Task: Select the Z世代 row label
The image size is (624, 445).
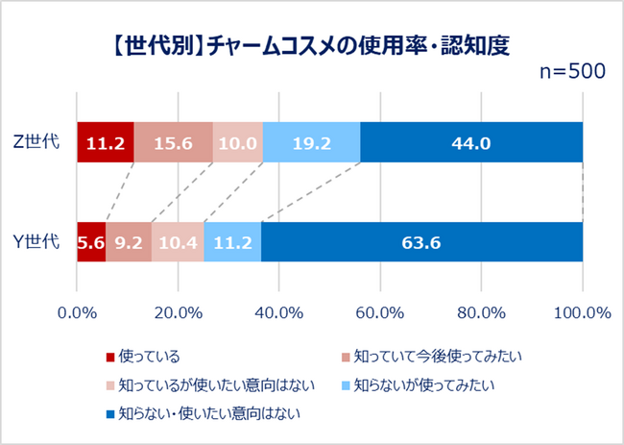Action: tap(41, 142)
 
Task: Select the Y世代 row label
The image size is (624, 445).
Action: tap(41, 241)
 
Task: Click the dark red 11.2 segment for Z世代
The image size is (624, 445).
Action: tap(105, 142)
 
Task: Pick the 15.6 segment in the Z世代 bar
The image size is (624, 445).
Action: tap(173, 142)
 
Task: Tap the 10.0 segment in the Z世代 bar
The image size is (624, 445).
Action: tap(237, 142)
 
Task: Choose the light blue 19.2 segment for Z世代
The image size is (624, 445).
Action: tap(311, 142)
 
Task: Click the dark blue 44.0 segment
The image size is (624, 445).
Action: tap(471, 142)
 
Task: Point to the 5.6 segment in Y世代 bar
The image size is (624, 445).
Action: tap(90, 241)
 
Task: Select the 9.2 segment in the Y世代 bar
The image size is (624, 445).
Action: tap(128, 241)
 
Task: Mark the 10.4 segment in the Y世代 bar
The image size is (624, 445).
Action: tap(178, 241)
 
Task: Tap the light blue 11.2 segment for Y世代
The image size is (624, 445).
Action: tap(232, 241)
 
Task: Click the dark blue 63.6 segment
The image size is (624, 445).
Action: tap(421, 241)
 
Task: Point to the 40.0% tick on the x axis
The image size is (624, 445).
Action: tap(278, 312)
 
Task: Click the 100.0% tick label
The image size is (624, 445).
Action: tap(582, 312)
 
